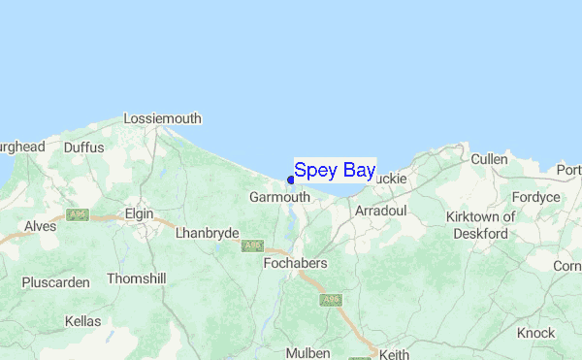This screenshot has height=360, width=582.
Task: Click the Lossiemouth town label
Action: point(162,118)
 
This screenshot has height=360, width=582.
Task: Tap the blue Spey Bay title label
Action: point(335,171)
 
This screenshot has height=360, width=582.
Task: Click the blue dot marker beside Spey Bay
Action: point(291,179)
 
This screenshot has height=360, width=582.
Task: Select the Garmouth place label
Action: point(279,196)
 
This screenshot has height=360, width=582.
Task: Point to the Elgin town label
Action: point(141,211)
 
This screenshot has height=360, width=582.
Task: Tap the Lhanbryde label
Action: point(205,233)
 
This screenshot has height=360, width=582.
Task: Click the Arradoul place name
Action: point(380,210)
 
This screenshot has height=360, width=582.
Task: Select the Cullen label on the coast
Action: point(489,159)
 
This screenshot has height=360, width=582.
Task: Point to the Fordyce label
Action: point(537,197)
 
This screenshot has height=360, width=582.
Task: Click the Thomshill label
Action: point(137,278)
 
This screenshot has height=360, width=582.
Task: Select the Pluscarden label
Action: point(56,282)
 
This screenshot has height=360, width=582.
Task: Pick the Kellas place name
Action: point(82,320)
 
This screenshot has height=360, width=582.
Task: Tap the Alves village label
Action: point(41,225)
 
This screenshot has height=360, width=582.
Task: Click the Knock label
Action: point(536,332)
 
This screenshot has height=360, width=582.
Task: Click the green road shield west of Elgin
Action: point(78,213)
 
